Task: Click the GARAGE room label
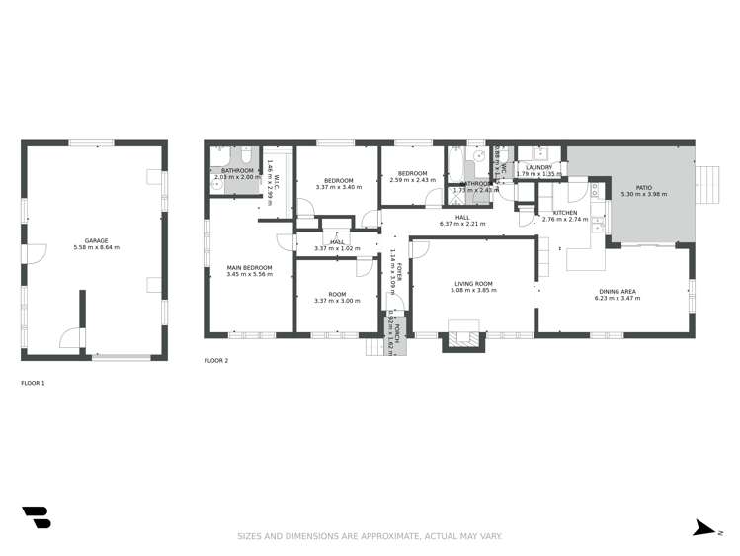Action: pos(96,240)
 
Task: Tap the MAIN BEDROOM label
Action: pos(249,267)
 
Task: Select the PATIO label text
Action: pos(644,187)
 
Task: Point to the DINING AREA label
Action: pos(616,290)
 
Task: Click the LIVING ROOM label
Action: pos(471,283)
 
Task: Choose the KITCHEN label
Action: pos(565,213)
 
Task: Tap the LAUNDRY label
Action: pos(539,167)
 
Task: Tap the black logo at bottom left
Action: pos(37,516)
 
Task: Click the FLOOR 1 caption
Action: pos(34,382)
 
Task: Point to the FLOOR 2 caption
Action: pos(215,361)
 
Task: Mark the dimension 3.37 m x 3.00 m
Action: pos(337,301)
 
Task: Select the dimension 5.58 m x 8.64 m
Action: pos(96,247)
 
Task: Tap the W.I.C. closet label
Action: pos(278,181)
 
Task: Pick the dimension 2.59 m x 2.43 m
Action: pos(411,180)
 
